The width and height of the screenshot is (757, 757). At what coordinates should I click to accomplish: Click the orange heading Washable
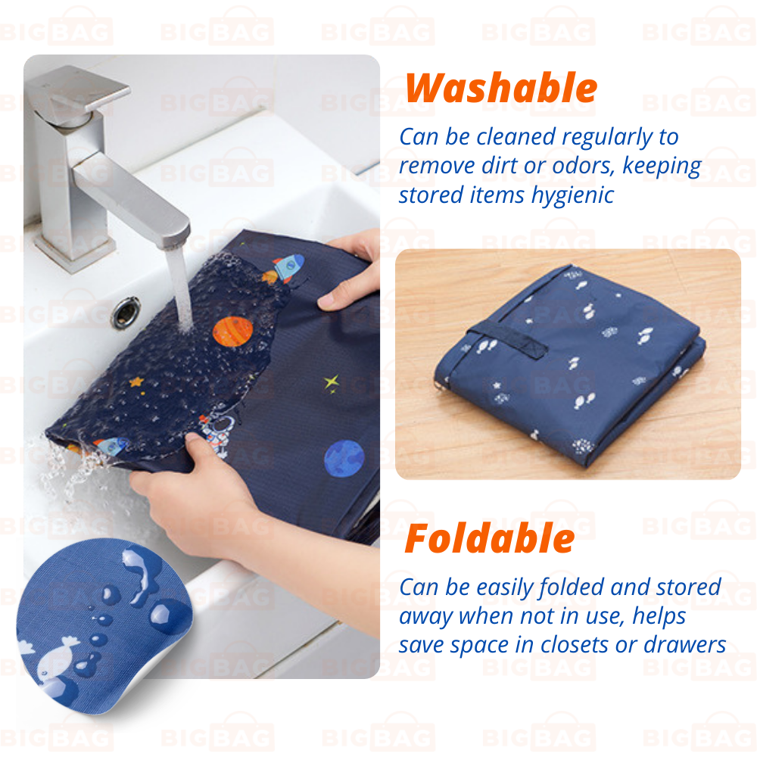coord(501,88)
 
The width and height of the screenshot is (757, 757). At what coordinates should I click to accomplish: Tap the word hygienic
coord(572,196)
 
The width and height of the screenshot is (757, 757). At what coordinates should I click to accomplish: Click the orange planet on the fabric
coord(232,332)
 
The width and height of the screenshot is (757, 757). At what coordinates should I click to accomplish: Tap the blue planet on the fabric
coord(344,458)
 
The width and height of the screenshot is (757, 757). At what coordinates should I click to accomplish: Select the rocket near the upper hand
coord(288,268)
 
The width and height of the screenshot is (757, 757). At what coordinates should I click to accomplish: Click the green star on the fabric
coord(332,383)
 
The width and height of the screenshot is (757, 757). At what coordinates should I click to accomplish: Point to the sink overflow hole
coord(126,313)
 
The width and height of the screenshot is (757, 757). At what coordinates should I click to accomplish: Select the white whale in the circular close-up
coord(57,660)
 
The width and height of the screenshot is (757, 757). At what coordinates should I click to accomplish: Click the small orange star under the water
coord(136,382)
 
